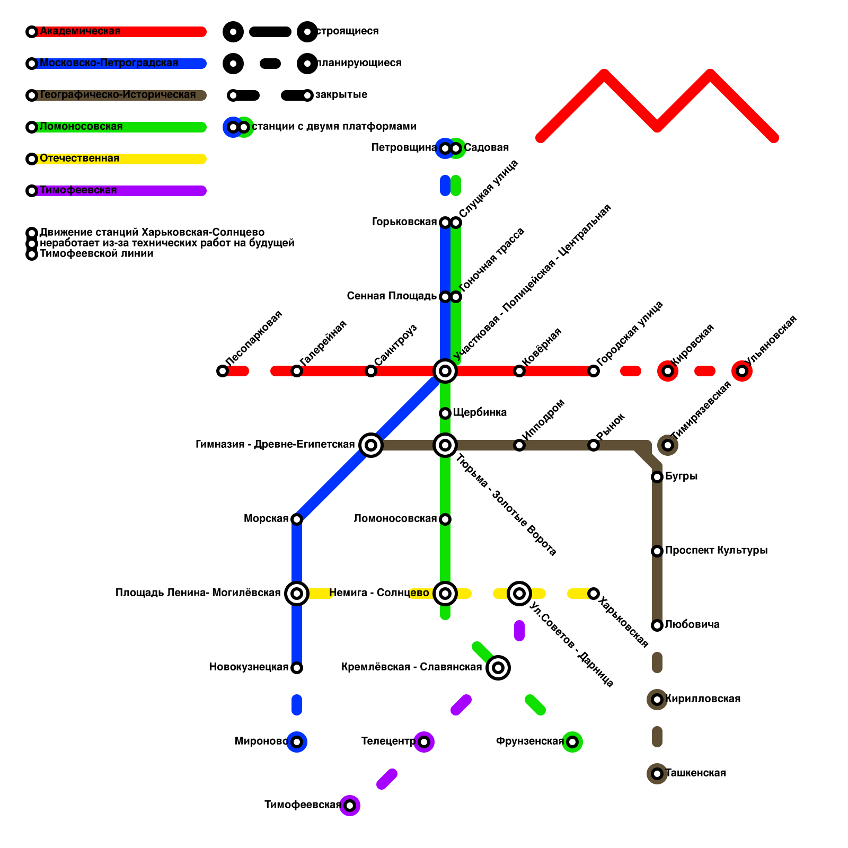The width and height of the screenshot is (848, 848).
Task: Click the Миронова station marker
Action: pyautogui.click(x=297, y=742)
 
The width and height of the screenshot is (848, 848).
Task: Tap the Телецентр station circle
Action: pyautogui.click(x=424, y=742)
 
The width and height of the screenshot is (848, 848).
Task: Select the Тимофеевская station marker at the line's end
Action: pyautogui.click(x=350, y=806)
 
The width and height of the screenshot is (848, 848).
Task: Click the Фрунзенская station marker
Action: pyautogui.click(x=572, y=742)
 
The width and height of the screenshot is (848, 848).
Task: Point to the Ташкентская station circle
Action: pyautogui.click(x=657, y=774)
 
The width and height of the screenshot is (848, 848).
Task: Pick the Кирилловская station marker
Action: pyautogui.click(x=657, y=700)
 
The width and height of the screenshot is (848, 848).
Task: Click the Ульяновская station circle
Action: pyautogui.click(x=742, y=371)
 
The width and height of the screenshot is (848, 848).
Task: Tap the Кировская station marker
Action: pyautogui.click(x=668, y=371)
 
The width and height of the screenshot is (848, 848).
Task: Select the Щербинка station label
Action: pyautogui.click(x=480, y=412)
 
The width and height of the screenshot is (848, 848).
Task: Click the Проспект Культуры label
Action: pyautogui.click(x=716, y=550)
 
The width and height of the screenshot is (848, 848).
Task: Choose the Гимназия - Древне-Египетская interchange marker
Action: pyautogui.click(x=371, y=445)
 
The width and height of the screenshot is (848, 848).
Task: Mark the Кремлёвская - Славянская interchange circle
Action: pyautogui.click(x=498, y=668)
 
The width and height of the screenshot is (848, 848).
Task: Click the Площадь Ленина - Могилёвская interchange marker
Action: pyautogui.click(x=297, y=594)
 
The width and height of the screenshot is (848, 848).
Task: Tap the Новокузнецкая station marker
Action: pyautogui.click(x=297, y=668)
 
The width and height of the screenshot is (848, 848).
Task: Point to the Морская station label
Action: pyautogui.click(x=266, y=518)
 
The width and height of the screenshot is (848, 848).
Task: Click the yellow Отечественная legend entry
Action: pyautogui.click(x=79, y=158)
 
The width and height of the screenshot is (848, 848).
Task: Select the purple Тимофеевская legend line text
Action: pyautogui.click(x=78, y=190)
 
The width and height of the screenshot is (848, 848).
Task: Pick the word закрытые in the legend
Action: pyautogui.click(x=341, y=95)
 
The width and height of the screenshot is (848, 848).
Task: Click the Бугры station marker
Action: pyautogui.click(x=657, y=477)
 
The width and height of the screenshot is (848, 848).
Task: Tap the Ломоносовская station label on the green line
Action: pyautogui.click(x=395, y=518)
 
